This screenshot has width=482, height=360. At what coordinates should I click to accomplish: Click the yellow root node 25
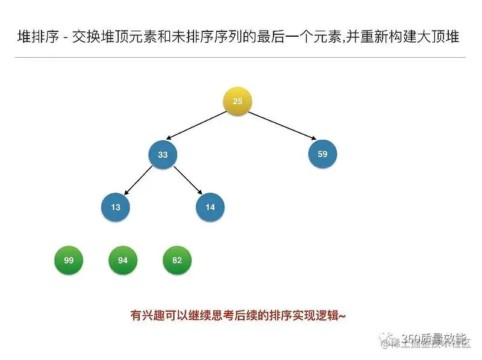(237, 101)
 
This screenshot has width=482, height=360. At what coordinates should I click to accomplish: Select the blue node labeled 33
(163, 155)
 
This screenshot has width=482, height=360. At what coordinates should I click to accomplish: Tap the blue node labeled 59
(322, 154)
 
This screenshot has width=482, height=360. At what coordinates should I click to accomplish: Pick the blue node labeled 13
(116, 207)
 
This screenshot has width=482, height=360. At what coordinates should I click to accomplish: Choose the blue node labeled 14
(210, 207)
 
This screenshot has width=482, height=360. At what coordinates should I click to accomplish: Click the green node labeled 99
(69, 261)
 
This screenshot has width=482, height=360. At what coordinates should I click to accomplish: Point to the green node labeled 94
(123, 261)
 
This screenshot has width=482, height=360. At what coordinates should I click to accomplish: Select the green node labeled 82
(177, 261)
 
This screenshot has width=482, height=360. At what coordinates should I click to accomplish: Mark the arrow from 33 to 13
(138, 182)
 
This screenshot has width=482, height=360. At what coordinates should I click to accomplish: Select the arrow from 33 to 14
(187, 182)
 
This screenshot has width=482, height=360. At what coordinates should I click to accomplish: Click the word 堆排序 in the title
(36, 37)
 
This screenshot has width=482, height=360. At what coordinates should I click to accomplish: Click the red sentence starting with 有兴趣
(238, 315)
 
